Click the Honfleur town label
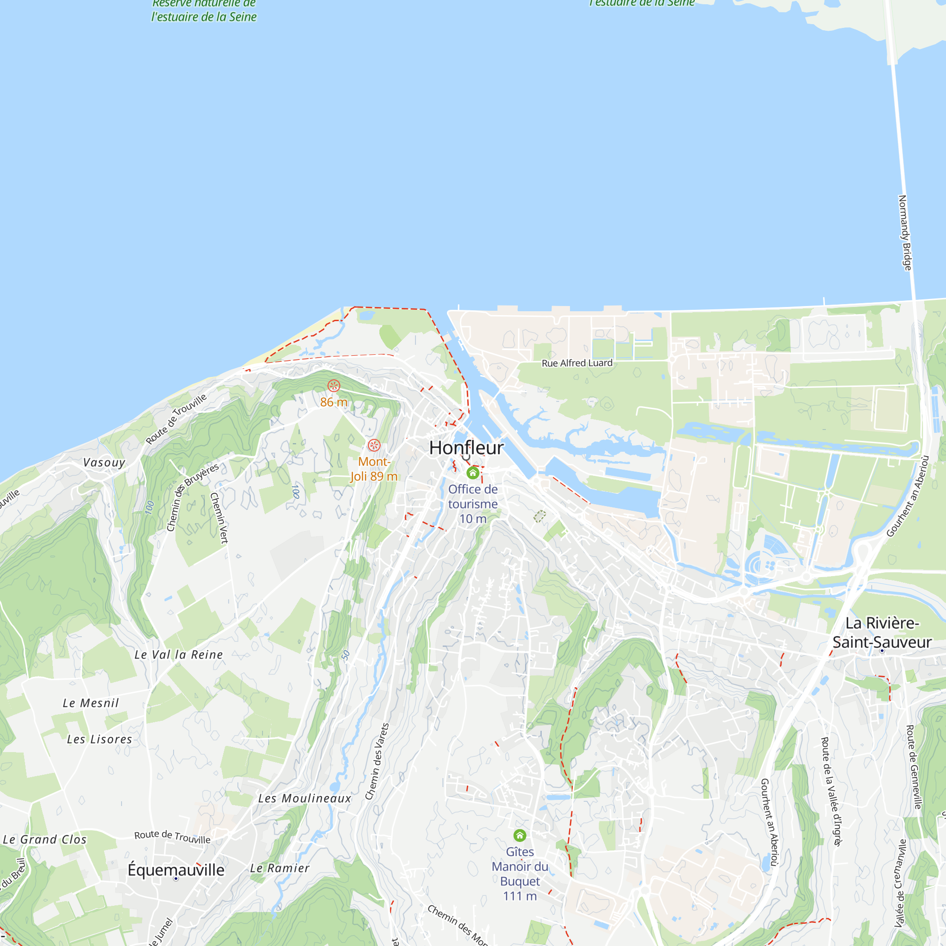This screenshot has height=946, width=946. pyautogui.click(x=466, y=447)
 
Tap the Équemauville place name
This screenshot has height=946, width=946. pyautogui.click(x=176, y=870)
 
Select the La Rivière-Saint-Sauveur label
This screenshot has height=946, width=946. pyautogui.click(x=882, y=632)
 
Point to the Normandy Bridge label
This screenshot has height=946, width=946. pyautogui.click(x=905, y=233)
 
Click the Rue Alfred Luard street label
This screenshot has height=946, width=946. pyautogui.click(x=577, y=363)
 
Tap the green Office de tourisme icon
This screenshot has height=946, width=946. pyautogui.click(x=473, y=473)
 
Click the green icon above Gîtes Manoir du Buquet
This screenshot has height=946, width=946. pyautogui.click(x=519, y=835)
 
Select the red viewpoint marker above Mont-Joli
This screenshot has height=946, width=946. pyautogui.click(x=374, y=445)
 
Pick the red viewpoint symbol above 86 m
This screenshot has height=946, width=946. pyautogui.click(x=333, y=386)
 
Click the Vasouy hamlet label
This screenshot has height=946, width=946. pyautogui.click(x=104, y=463)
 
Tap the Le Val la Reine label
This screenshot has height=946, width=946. pyautogui.click(x=179, y=655)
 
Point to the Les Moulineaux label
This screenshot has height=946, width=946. pyautogui.click(x=305, y=798)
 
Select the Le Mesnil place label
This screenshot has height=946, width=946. pyautogui.click(x=91, y=703)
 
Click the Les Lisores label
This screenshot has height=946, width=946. pyautogui.click(x=99, y=739)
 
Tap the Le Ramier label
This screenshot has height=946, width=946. pyautogui.click(x=280, y=868)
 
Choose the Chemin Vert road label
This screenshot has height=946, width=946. pyautogui.click(x=219, y=518)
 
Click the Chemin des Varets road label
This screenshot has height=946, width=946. pyautogui.click(x=377, y=761)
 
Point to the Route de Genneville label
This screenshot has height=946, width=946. pyautogui.click(x=914, y=767)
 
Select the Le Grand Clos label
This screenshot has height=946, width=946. pyautogui.click(x=44, y=840)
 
